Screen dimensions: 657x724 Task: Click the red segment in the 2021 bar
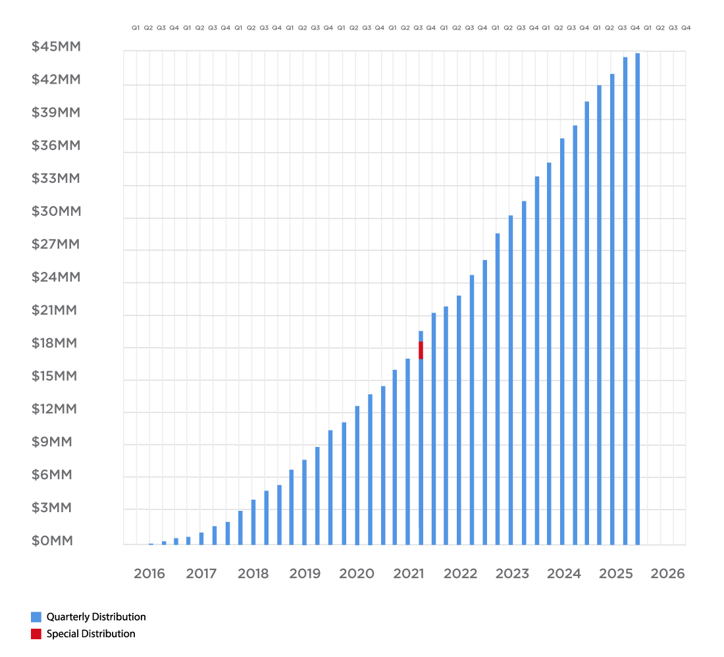[421, 350]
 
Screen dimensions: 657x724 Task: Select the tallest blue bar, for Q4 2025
[637, 296]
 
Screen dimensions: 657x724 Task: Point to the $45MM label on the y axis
[56, 47]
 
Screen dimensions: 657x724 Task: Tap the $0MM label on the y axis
[52, 540]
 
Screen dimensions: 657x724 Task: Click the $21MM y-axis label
[54, 310]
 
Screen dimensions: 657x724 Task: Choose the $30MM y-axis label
[56, 211]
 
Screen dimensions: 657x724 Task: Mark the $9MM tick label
[52, 442]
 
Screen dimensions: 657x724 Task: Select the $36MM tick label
[56, 145]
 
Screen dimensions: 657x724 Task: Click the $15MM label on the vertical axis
[54, 376]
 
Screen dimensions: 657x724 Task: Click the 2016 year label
[149, 573]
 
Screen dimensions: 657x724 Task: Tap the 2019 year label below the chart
[305, 573]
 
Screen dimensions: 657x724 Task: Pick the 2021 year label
[408, 573]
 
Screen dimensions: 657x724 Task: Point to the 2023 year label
[512, 573]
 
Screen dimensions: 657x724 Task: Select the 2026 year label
[667, 573]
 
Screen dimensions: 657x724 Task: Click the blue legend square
[36, 617]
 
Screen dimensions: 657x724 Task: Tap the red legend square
[36, 634]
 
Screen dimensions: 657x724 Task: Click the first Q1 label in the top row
[136, 28]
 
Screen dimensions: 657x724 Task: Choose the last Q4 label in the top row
[686, 28]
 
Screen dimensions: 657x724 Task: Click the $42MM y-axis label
[56, 80]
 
